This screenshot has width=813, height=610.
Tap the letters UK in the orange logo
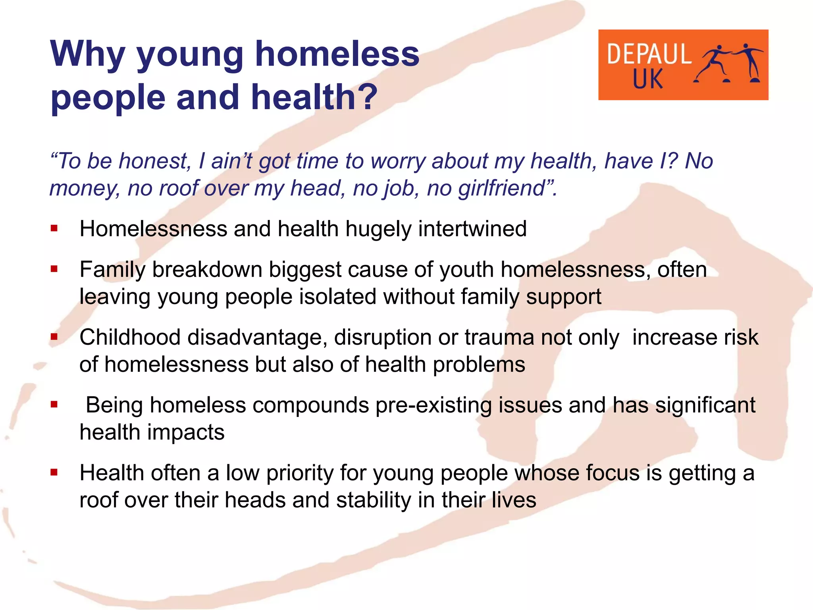pyautogui.click(x=647, y=79)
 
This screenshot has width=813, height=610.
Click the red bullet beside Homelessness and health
pyautogui.click(x=54, y=229)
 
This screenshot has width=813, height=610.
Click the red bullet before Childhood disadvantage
pyautogui.click(x=54, y=337)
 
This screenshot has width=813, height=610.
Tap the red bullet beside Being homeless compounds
pyautogui.click(x=54, y=405)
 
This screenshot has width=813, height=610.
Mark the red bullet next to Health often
pyautogui.click(x=54, y=473)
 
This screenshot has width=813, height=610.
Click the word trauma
pyautogui.click(x=499, y=338)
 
